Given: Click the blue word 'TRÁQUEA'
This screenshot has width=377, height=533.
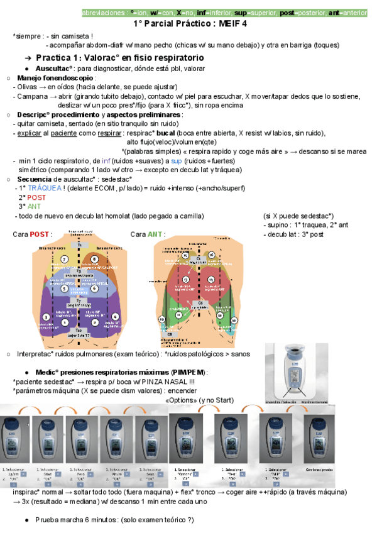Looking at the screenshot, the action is tap(45, 188).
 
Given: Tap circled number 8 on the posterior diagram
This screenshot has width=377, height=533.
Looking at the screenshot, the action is tap(95, 259).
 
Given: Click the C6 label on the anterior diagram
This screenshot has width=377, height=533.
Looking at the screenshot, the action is tap(201, 302).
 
